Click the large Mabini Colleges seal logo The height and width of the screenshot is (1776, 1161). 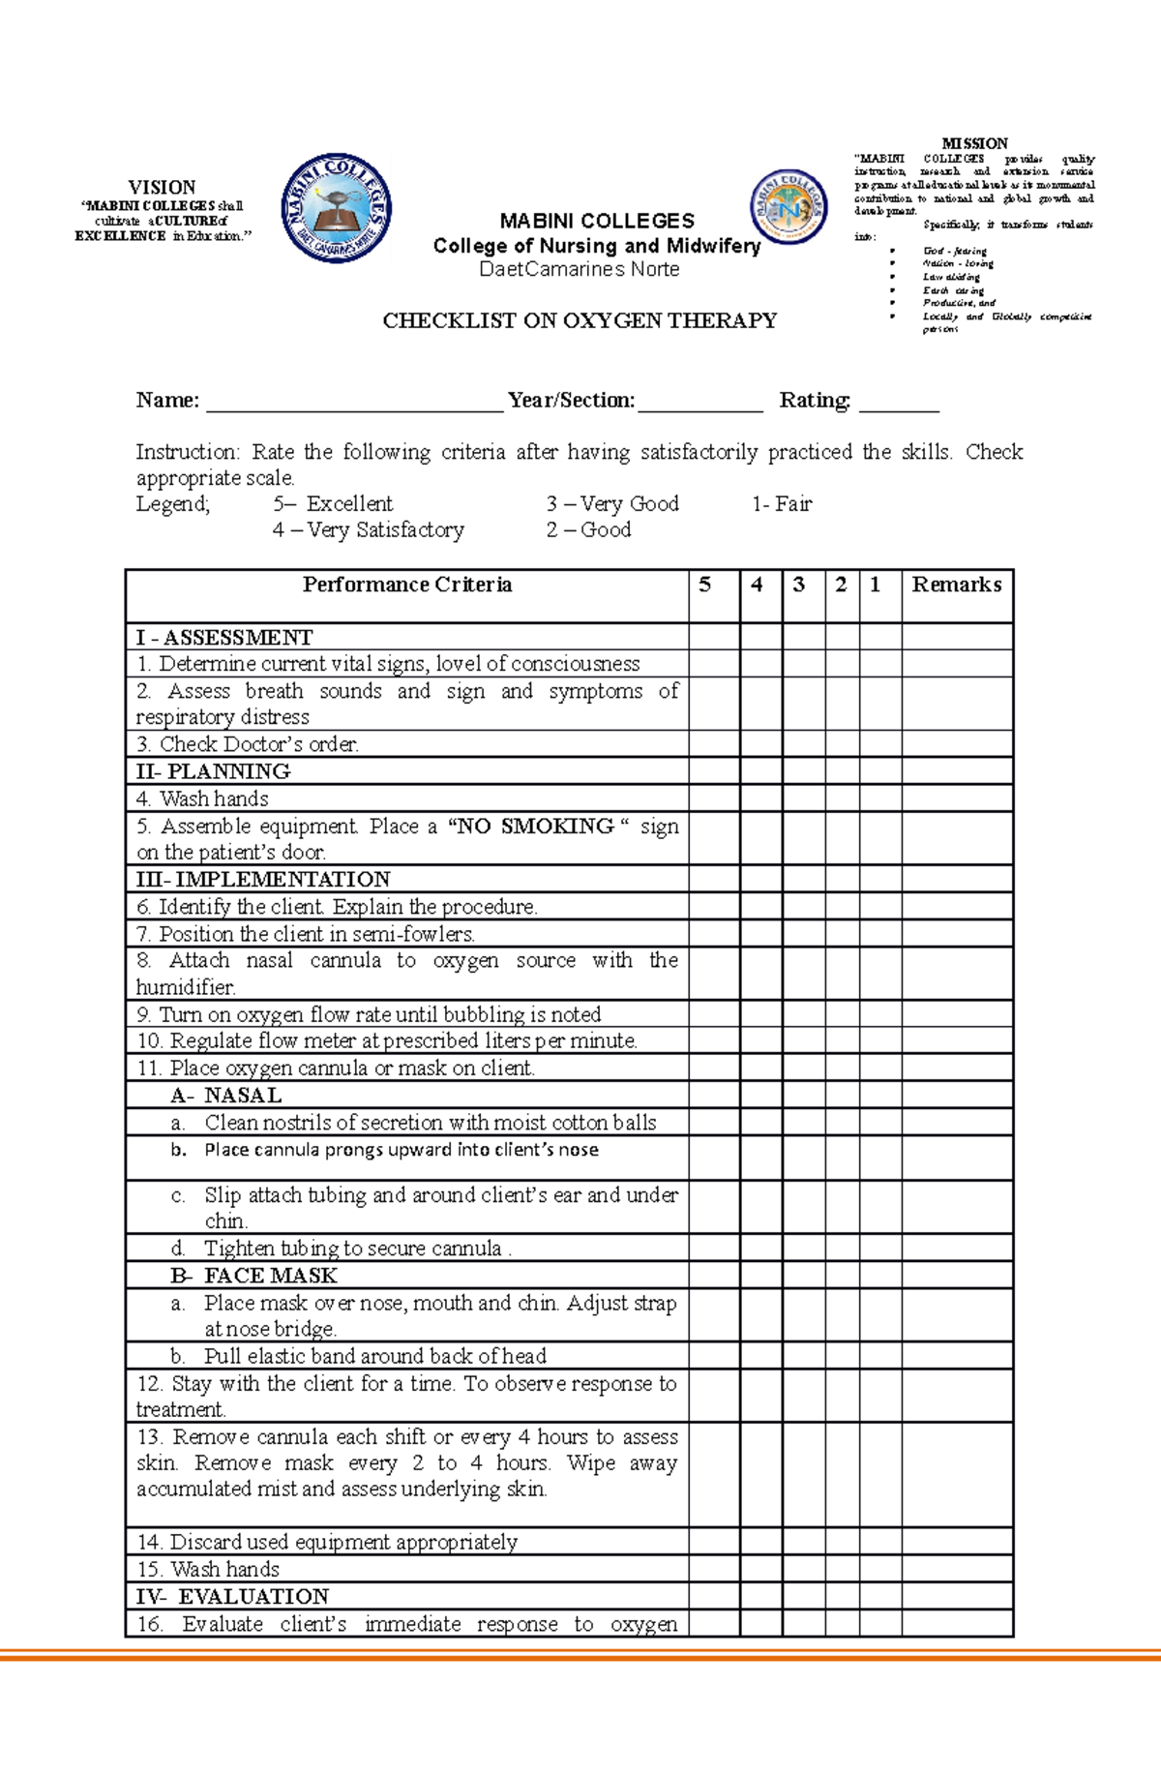tap(336, 208)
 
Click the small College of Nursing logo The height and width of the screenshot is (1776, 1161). tap(789, 206)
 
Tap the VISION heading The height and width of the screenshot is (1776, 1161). tap(162, 187)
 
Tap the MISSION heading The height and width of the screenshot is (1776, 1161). tap(974, 143)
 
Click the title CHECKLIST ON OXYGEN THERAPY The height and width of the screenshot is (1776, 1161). tap(580, 320)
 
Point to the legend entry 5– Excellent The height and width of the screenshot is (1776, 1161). tap(333, 503)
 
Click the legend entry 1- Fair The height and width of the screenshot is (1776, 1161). tap(782, 503)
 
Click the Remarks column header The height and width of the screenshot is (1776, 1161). tap(956, 585)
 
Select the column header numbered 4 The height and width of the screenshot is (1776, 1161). tap(757, 585)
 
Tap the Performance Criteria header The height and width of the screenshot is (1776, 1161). tap(406, 585)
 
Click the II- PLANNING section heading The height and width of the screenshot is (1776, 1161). tap(213, 771)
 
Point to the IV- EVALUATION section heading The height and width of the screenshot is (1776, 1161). tap(232, 1596)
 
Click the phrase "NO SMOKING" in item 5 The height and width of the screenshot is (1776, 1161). tap(532, 826)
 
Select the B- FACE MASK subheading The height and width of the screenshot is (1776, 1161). tap(253, 1275)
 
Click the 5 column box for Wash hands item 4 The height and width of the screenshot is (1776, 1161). tap(714, 798)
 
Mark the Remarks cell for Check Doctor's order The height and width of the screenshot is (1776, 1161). tap(956, 743)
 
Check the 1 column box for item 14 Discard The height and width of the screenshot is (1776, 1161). tap(880, 1541)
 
